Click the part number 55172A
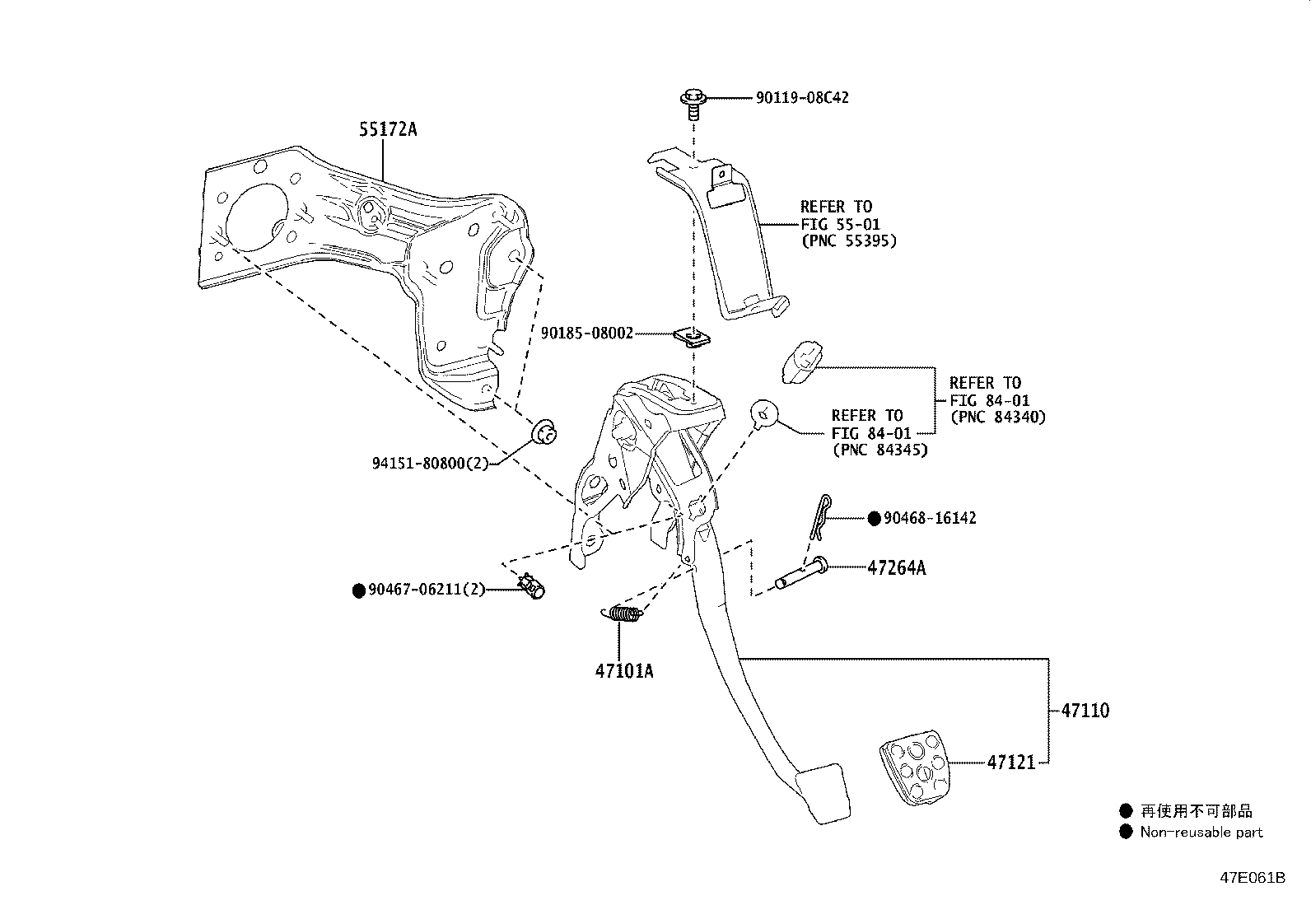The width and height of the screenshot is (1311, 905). pos(387,129)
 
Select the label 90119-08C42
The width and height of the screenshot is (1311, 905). pos(802,97)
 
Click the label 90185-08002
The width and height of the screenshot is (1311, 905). pos(586,334)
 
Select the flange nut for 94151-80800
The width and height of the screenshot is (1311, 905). pos(544,431)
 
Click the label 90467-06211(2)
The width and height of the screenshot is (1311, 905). pos(427,590)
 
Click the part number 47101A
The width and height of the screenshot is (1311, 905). pos(623,671)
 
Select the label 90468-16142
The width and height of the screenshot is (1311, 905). pos(929,518)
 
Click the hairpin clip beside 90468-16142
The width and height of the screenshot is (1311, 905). pos(817,517)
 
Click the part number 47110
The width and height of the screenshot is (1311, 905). pos(1085,710)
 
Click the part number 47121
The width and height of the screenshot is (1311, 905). pos(1010,763)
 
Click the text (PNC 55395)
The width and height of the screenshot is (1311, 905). pos(848,241)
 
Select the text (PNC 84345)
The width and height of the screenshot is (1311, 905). pos(879,450)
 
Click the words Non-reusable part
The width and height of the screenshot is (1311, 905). pos(1201,832)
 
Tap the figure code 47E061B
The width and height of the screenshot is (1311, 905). pos(1252,878)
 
